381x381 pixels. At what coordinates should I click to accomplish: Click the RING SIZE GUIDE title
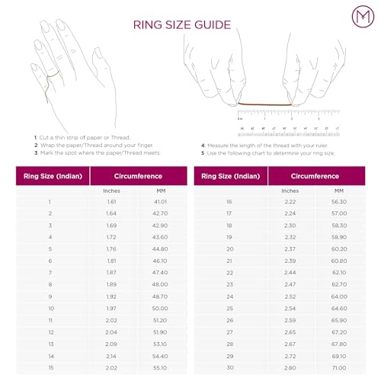pos(181,24)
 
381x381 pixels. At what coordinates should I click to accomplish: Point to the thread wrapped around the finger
pos(52,76)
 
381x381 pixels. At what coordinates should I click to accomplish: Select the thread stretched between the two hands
pos(264,104)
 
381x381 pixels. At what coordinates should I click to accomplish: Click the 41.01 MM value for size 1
pos(159,201)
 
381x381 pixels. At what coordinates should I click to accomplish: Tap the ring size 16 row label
pos(229,201)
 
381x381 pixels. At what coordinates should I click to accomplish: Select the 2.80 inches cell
pos(289,367)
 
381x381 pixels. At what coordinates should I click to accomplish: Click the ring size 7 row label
pos(50,272)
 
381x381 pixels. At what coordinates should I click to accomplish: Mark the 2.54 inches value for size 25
pos(289,307)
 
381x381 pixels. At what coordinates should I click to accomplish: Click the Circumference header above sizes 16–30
pos(314,176)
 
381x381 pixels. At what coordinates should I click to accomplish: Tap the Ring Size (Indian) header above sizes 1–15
pos(50,176)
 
